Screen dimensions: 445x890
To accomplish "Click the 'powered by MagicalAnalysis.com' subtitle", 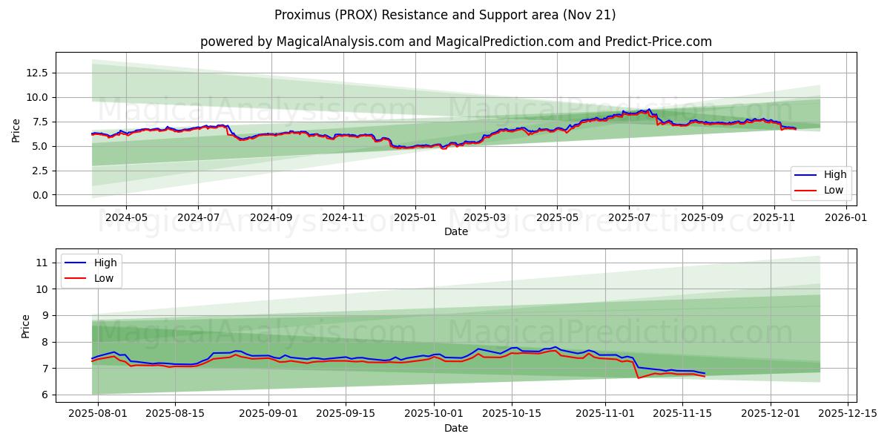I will [455, 42].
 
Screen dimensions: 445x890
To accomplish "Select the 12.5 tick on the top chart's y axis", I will [37, 73].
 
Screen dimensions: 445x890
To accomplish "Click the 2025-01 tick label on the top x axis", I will [415, 218].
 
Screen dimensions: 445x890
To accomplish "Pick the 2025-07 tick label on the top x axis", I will [629, 218].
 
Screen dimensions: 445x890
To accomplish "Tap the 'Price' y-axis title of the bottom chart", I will [26, 326].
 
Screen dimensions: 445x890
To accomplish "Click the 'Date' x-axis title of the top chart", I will [455, 232].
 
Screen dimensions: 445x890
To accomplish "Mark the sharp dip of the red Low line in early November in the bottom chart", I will [639, 378].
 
